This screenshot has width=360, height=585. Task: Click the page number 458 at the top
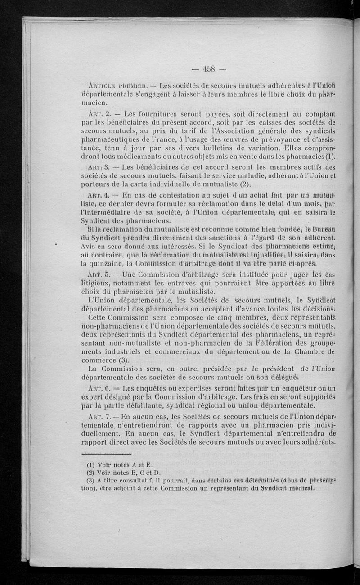tap(210, 69)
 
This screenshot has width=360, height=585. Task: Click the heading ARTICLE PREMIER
tap(117, 87)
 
